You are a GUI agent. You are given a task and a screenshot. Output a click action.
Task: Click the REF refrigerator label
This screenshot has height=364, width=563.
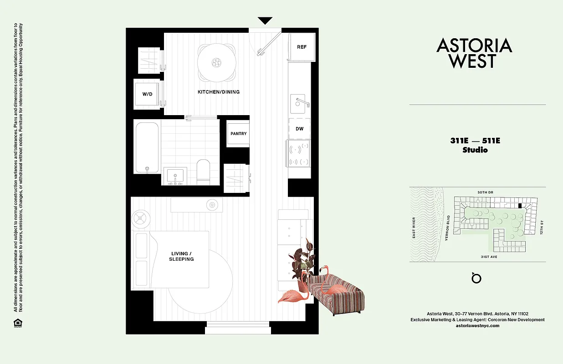pyautogui.click(x=302, y=47)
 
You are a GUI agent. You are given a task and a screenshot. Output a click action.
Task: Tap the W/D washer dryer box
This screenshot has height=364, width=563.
pyautogui.click(x=147, y=94)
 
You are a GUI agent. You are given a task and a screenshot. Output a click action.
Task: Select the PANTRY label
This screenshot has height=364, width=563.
pyautogui.click(x=238, y=133)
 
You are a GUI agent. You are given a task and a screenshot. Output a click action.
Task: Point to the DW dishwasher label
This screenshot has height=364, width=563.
pyautogui.click(x=299, y=129)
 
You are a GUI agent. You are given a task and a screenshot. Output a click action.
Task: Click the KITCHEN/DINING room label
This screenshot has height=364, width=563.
pyautogui.click(x=218, y=92)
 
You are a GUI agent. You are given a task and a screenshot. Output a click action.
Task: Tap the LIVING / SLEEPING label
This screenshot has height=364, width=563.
pyautogui.click(x=182, y=256)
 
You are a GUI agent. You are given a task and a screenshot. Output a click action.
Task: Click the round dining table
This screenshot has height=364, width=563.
pyautogui.click(x=217, y=62)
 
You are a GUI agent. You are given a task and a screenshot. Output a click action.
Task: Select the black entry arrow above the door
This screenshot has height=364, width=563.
pyautogui.click(x=265, y=21)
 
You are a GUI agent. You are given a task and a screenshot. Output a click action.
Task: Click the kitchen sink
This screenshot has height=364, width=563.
pyautogui.click(x=299, y=103)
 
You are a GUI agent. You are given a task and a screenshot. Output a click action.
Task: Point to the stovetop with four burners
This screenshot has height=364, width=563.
pyautogui.click(x=299, y=153)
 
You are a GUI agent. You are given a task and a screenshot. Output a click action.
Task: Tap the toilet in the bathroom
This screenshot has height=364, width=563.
pyautogui.click(x=203, y=172)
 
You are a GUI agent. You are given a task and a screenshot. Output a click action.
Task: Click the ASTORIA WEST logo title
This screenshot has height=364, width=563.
pyautogui.click(x=474, y=53)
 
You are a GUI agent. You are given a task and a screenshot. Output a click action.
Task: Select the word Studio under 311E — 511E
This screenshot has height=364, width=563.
pyautogui.click(x=475, y=150)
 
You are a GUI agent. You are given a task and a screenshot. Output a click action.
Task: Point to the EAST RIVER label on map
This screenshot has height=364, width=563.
pyautogui.click(x=414, y=228)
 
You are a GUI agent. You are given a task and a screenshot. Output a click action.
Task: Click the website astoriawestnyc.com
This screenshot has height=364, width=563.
pyautogui.click(x=477, y=326)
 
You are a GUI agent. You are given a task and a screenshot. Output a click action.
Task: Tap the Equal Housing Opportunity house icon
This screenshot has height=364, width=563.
pyautogui.click(x=18, y=323)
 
